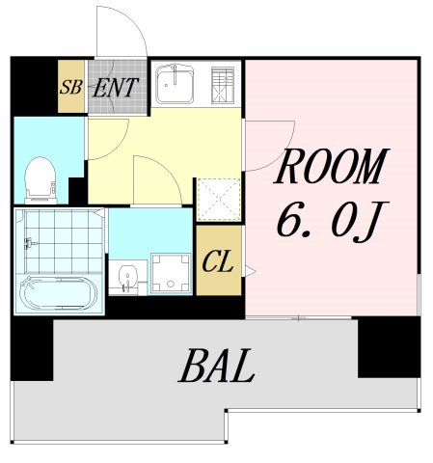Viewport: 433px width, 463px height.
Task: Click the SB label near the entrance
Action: (71, 87)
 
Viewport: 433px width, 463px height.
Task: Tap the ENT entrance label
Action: (116, 88)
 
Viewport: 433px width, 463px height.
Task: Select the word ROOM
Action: (331, 166)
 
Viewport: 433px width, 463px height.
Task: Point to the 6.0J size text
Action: (333, 222)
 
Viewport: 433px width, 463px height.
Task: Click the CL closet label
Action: (218, 261)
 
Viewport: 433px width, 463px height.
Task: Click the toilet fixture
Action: (41, 180)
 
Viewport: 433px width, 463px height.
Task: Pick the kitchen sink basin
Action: (175, 84)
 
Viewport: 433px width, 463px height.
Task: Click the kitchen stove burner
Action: (223, 85)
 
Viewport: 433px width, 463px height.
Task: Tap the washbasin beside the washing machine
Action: (128, 278)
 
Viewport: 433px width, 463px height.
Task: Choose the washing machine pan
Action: (171, 273)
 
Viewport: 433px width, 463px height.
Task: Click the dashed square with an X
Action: (219, 200)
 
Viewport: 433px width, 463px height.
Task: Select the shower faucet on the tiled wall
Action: (30, 243)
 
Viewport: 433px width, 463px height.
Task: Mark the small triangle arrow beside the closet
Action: (250, 271)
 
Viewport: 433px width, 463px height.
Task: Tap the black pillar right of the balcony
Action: (389, 347)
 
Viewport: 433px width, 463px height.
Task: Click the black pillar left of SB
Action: (34, 86)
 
